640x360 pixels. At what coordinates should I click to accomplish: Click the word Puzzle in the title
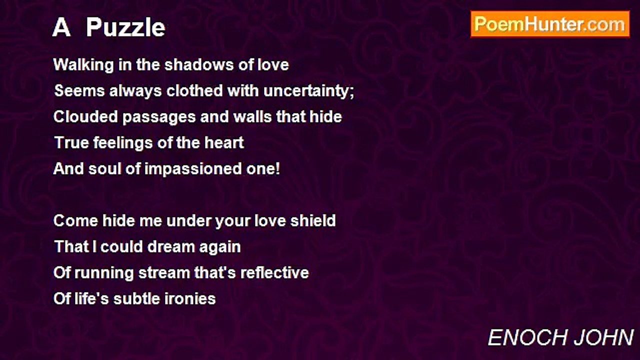[125, 28]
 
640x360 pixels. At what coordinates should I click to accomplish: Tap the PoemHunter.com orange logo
[550, 24]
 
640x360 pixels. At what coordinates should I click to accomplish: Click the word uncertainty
[309, 91]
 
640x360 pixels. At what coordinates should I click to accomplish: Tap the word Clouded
[85, 117]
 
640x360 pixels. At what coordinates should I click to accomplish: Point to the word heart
[224, 143]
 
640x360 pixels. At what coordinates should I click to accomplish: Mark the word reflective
[274, 273]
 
